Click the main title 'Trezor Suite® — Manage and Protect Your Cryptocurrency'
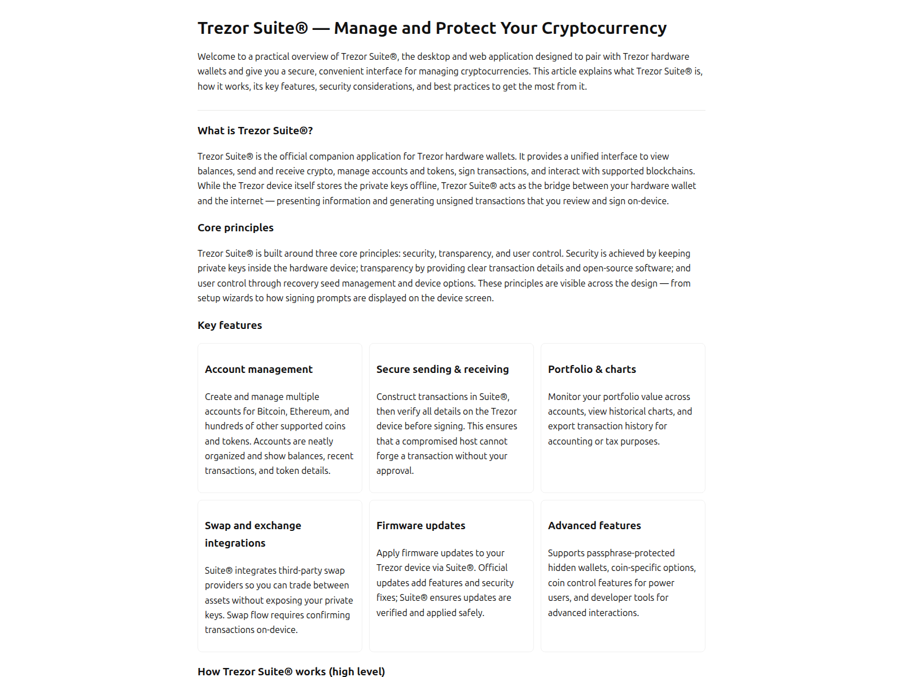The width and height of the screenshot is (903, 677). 432,28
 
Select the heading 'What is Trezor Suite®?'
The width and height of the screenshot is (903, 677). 255,131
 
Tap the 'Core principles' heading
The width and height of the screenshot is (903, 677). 235,228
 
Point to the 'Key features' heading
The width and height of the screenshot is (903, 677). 230,326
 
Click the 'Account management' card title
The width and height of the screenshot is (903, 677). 258,370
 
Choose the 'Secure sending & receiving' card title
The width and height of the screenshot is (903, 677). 442,370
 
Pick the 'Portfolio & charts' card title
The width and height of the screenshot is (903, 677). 591,370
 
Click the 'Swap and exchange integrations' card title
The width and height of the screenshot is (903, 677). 253,534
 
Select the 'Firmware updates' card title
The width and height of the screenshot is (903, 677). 420,526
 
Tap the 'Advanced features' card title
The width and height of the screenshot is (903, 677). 594,526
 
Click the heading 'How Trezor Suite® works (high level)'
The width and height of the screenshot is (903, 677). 291,671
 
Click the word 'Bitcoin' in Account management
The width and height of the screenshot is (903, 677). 271,412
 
